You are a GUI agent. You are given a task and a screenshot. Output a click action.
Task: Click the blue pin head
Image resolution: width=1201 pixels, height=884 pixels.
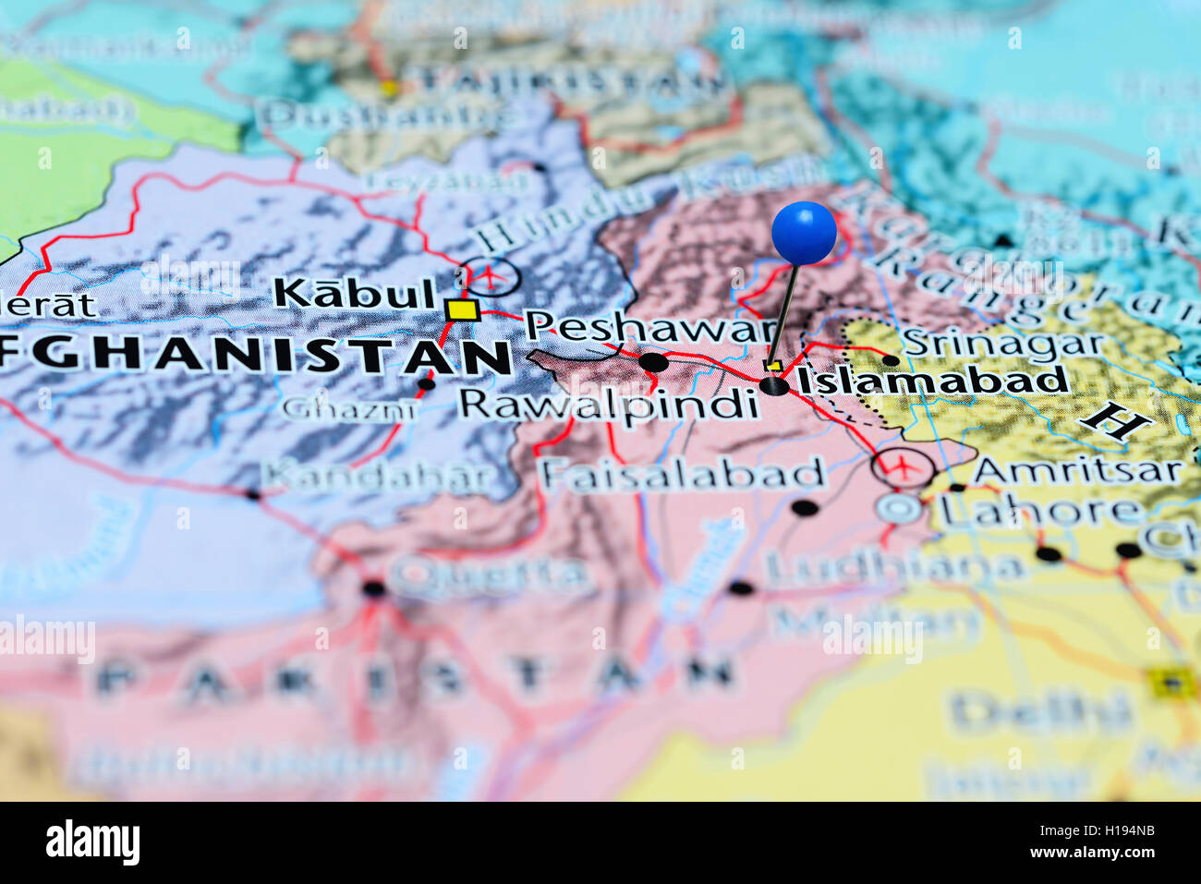[x=804, y=232]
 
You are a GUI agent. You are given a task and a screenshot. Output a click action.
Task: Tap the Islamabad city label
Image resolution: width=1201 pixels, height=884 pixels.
[x=931, y=381]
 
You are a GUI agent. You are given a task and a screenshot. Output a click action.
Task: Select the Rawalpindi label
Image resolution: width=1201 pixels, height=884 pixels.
[x=609, y=406]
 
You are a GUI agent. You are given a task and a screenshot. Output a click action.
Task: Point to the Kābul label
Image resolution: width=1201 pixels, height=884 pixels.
[x=355, y=294]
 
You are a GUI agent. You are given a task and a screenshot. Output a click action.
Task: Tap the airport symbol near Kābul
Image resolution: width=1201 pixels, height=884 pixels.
[x=491, y=274]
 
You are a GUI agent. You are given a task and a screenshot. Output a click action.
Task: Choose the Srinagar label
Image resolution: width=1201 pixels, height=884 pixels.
[x=1003, y=344]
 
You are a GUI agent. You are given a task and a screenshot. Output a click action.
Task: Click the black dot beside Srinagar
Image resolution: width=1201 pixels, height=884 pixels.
[x=891, y=360]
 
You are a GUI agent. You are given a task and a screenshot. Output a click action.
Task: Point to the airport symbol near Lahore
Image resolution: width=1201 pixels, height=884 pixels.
[x=902, y=466]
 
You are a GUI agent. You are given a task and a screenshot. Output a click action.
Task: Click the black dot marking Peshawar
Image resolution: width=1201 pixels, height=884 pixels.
[x=654, y=362]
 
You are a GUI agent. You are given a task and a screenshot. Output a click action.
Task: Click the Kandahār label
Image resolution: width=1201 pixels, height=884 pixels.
[x=380, y=477]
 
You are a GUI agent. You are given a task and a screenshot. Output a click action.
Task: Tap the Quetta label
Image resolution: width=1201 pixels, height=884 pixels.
[x=491, y=577]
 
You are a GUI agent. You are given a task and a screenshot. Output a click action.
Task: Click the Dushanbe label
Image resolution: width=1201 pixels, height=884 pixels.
[x=387, y=117]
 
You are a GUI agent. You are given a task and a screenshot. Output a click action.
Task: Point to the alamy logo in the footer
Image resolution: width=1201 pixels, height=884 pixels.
[x=92, y=842]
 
